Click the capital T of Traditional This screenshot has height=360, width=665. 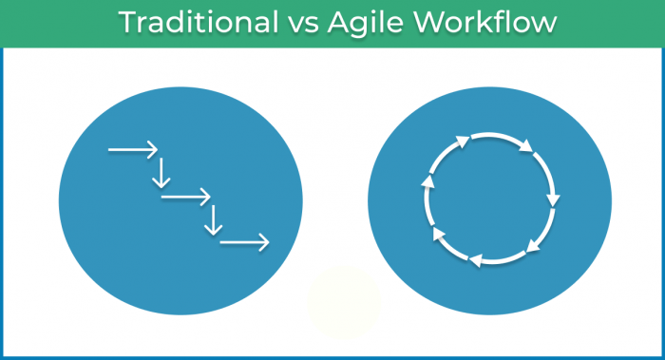click(x=126, y=23)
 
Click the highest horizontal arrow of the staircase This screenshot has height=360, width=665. click(x=132, y=149)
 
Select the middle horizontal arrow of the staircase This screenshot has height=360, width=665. click(x=185, y=198)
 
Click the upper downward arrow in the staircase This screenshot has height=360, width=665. click(x=161, y=172)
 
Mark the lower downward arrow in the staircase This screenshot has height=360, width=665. click(x=214, y=220)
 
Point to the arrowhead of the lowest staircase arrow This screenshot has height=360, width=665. click(x=264, y=243)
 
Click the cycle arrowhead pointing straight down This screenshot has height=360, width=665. click(x=553, y=200)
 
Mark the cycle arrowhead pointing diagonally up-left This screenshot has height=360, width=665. click(x=439, y=234)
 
